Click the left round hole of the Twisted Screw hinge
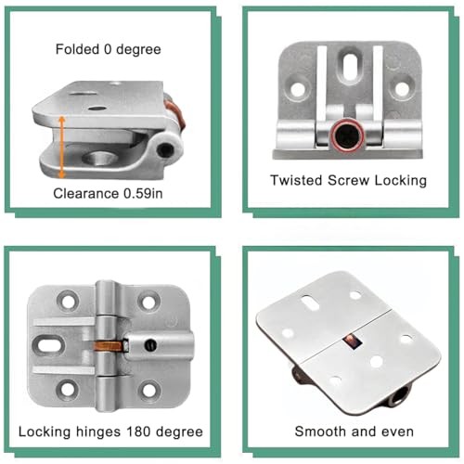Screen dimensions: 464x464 [x=296, y=89]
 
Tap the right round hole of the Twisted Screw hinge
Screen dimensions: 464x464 [x=402, y=89]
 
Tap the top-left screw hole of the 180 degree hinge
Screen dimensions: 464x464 [x=68, y=301]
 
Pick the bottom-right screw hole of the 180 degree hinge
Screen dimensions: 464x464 [x=148, y=393]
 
